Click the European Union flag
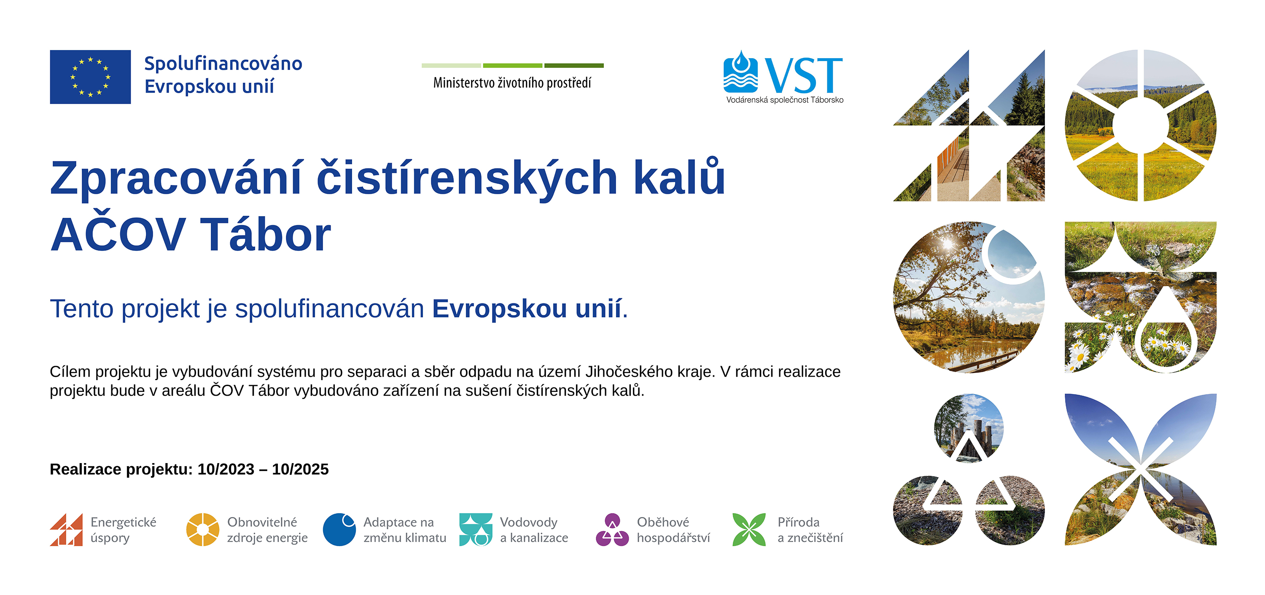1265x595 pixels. click(90, 77)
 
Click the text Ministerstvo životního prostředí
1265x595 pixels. click(512, 83)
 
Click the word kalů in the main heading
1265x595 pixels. click(679, 177)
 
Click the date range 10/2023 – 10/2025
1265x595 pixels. click(263, 469)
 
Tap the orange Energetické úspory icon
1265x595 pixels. click(66, 530)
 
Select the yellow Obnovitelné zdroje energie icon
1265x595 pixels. click(203, 530)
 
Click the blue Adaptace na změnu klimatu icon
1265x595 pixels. click(339, 530)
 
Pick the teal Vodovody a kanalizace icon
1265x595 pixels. click(476, 530)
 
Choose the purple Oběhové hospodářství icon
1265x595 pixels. click(612, 530)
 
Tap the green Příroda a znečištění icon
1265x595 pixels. click(749, 530)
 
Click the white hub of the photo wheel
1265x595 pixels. click(1140, 125)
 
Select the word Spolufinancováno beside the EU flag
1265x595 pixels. click(223, 64)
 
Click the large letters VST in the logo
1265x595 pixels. click(804, 75)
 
